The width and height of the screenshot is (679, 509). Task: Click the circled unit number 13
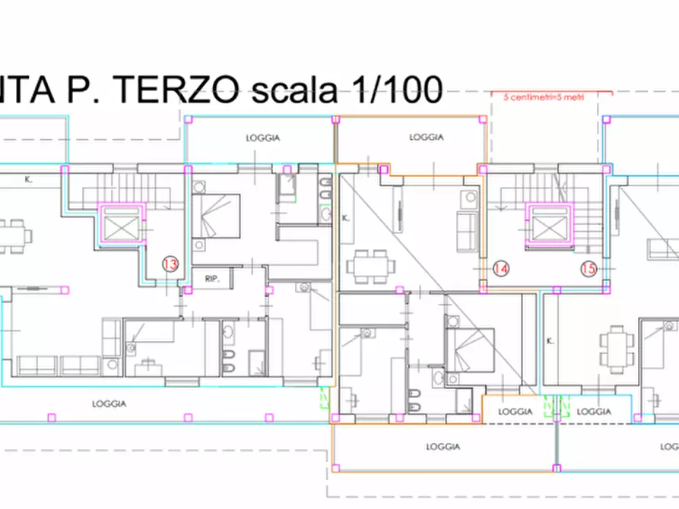tap(170, 264)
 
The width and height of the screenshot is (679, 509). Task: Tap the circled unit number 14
tap(500, 268)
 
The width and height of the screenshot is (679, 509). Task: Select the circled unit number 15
tap(589, 268)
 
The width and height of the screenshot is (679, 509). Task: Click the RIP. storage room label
tap(211, 279)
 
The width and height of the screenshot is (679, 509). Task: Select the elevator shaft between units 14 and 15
tap(548, 224)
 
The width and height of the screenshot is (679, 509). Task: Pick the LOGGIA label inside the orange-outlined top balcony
tap(426, 138)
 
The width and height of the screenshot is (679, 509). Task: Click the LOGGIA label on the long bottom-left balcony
tap(109, 403)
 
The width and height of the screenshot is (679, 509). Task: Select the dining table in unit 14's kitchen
tap(373, 267)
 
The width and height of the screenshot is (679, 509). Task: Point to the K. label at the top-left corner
tap(27, 181)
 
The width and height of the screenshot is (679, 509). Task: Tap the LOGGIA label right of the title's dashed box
tap(262, 138)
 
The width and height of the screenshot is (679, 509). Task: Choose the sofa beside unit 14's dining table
tap(465, 232)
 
